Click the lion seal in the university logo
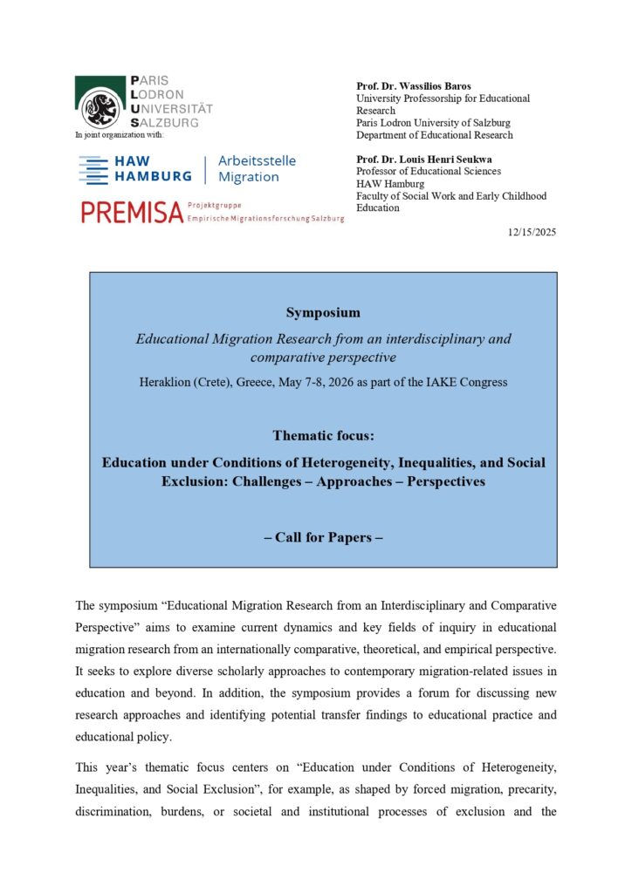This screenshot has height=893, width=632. pos(99,109)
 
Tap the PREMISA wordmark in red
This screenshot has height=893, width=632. pos(131,211)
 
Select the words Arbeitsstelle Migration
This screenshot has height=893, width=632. pos(257,169)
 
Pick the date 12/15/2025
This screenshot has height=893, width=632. pos(532,232)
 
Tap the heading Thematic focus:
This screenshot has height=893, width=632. pos(323,435)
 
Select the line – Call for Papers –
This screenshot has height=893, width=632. pos(323,537)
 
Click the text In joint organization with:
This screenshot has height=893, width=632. pos(120,133)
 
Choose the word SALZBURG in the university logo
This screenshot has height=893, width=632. pos(171,123)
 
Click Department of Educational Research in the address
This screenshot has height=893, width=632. pos(435,135)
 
